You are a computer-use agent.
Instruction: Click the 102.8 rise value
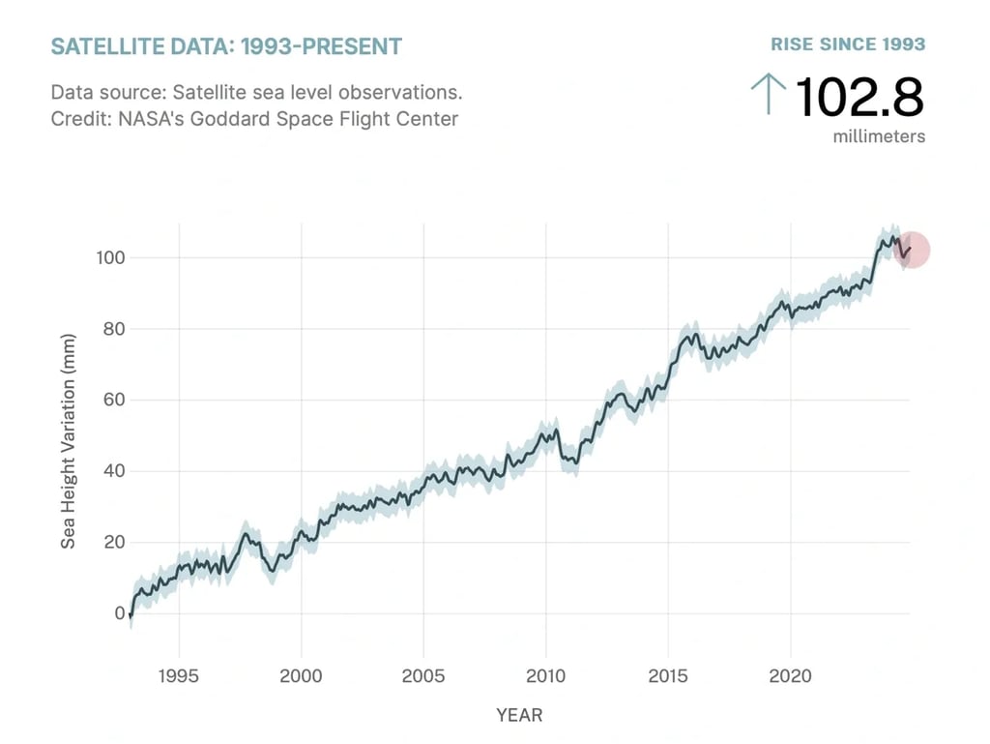(859, 97)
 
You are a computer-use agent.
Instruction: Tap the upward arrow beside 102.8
(769, 95)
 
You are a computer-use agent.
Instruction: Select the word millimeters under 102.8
(879, 136)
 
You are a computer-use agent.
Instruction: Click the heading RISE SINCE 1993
(848, 45)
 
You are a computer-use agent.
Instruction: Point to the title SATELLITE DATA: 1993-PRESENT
(226, 46)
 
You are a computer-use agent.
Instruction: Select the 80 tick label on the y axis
(112, 329)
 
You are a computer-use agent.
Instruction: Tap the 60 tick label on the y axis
(112, 400)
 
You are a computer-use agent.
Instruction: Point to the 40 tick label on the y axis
(112, 471)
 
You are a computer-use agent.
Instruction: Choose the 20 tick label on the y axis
(112, 542)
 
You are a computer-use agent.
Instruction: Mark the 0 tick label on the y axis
(119, 613)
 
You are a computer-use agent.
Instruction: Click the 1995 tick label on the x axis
(179, 674)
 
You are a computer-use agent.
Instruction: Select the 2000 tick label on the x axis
(301, 674)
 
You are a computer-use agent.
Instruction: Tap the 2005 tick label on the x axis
(422, 674)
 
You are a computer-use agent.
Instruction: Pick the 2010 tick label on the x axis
(545, 674)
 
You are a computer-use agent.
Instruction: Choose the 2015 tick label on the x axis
(667, 674)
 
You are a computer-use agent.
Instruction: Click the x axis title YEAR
(519, 716)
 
